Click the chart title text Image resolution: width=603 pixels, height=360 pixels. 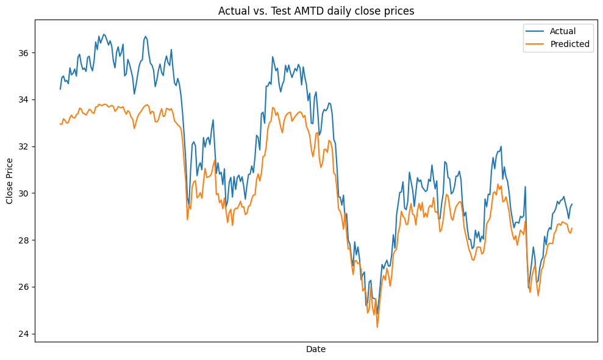[x=315, y=10]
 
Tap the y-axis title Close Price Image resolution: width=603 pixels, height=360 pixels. [x=10, y=181]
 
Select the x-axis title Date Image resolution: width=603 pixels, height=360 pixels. [x=315, y=350]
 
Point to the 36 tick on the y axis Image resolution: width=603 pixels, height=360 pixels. [x=25, y=53]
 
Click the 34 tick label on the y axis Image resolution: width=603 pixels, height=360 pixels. [x=25, y=100]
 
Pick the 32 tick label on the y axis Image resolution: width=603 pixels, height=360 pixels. [x=25, y=146]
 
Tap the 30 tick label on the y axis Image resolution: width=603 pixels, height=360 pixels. [x=25, y=193]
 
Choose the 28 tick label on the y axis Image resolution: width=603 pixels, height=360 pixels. [x=25, y=240]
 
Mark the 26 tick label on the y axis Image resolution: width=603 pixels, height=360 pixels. [x=25, y=287]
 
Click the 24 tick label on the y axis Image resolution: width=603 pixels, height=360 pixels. [x=25, y=334]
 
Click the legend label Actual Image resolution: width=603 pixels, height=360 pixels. [x=563, y=31]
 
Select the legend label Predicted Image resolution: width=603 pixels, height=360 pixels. [x=569, y=44]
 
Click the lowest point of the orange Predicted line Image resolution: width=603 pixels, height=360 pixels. [x=377, y=327]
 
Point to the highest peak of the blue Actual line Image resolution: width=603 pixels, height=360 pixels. [x=104, y=34]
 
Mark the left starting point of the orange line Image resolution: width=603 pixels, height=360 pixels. [x=60, y=124]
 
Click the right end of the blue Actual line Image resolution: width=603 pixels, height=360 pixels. [x=572, y=204]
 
